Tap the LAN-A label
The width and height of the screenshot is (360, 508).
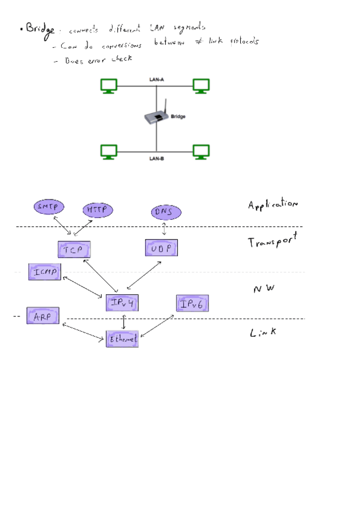pyautogui.click(x=157, y=80)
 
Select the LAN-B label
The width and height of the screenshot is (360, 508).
pyautogui.click(x=157, y=159)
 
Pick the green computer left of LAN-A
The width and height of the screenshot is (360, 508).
pyautogui.click(x=108, y=86)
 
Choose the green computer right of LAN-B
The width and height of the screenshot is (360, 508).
pyautogui.click(x=201, y=152)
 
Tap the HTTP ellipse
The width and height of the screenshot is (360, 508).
pyautogui.click(x=98, y=210)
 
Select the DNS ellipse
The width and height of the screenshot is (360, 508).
pyautogui.click(x=165, y=212)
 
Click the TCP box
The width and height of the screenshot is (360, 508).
pyautogui.click(x=74, y=249)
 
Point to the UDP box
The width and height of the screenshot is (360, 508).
pyautogui.click(x=162, y=247)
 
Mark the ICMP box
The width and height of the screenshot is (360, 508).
pyautogui.click(x=44, y=272)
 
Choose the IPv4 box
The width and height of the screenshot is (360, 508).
pyautogui.click(x=122, y=304)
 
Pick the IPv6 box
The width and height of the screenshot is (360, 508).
pyautogui.click(x=192, y=304)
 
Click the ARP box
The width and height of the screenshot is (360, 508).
pyautogui.click(x=43, y=316)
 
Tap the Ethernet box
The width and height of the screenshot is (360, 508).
pyautogui.click(x=122, y=339)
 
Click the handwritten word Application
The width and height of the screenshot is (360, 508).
pyautogui.click(x=273, y=205)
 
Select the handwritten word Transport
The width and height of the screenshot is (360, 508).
pyautogui.click(x=273, y=241)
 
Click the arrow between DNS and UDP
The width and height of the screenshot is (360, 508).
pyautogui.click(x=164, y=229)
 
